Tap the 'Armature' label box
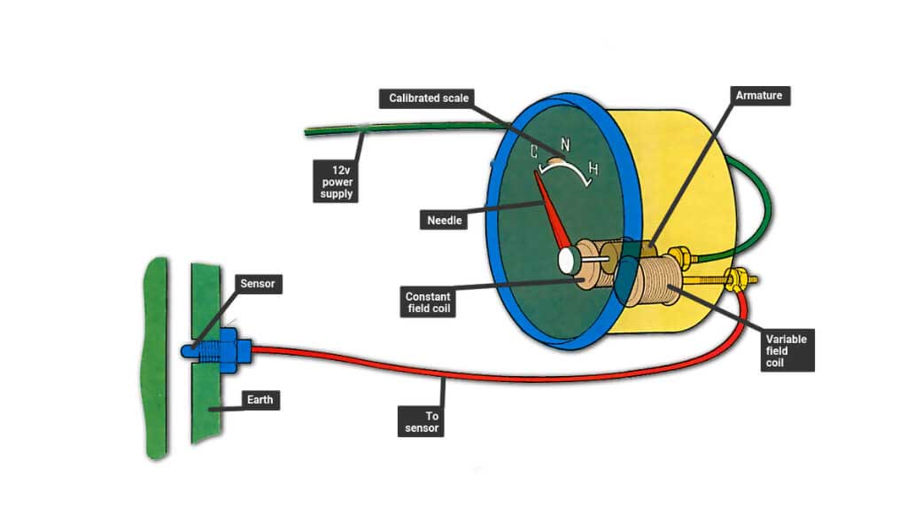click(x=759, y=94)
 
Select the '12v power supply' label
click(x=338, y=180)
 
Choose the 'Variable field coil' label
click(x=787, y=352)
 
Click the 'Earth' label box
click(x=263, y=401)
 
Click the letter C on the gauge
click(x=534, y=153)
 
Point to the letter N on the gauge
click(x=564, y=145)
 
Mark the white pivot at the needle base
click(x=569, y=259)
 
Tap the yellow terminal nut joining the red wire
click(x=734, y=279)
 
